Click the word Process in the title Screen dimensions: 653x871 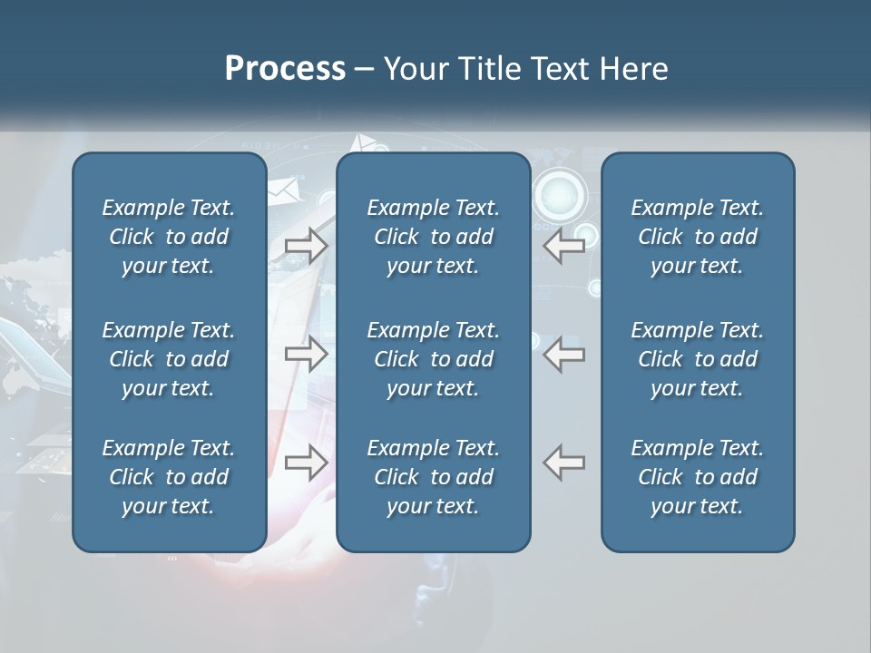pos(285,69)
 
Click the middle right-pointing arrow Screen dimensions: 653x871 pos(306,353)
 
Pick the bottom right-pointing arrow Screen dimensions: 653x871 pos(306,463)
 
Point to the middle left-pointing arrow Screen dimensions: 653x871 pos(564,353)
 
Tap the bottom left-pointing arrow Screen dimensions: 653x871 pos(564,463)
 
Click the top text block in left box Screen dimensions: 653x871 pos(169,237)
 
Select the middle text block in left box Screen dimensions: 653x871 pos(169,359)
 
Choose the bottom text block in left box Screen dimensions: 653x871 pos(169,477)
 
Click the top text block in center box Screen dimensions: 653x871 pos(433,237)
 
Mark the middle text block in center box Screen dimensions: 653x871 pos(433,359)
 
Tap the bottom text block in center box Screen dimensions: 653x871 pos(433,477)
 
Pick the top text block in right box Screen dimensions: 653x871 pos(698,237)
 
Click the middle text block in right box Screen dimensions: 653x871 pos(698,359)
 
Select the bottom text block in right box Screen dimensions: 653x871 pos(698,477)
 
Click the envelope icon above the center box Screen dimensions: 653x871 pos(367,143)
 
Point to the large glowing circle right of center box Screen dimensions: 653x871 pos(559,194)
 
